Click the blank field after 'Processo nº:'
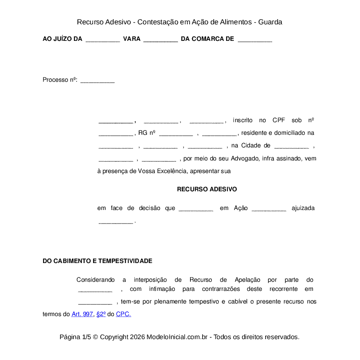pos(97,80)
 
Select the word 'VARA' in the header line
pos(132,39)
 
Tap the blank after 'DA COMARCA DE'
pos(255,40)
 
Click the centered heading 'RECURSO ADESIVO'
pos(207,190)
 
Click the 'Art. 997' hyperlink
pos(82,314)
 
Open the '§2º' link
pos(101,314)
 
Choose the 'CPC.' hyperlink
pos(123,314)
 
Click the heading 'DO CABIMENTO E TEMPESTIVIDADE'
pos(97,261)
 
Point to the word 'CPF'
pos(279,120)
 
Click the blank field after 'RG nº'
pos(176,133)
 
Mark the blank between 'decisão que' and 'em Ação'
pos(196,209)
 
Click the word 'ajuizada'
pos(303,208)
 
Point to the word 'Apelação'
pos(247,280)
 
